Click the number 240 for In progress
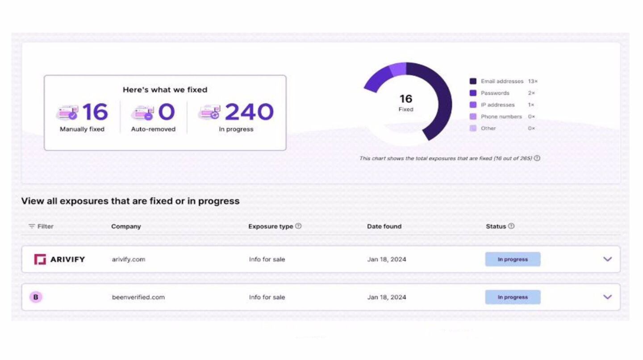tap(249, 112)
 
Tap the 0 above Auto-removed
tap(166, 112)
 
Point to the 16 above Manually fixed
tap(95, 112)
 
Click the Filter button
tap(41, 226)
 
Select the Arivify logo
tap(59, 259)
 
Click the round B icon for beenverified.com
tap(36, 297)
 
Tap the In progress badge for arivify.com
tap(513, 259)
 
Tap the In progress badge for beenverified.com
tap(513, 297)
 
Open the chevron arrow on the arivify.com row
tap(607, 259)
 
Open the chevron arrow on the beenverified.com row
tap(607, 297)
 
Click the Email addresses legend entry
tap(501, 81)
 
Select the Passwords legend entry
tap(495, 93)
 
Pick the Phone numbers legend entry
tap(501, 117)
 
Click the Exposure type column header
tap(271, 226)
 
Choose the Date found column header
tap(384, 226)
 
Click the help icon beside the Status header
tap(511, 226)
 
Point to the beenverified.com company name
tap(138, 297)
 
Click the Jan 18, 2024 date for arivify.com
tap(387, 259)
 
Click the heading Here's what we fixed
tap(165, 90)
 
